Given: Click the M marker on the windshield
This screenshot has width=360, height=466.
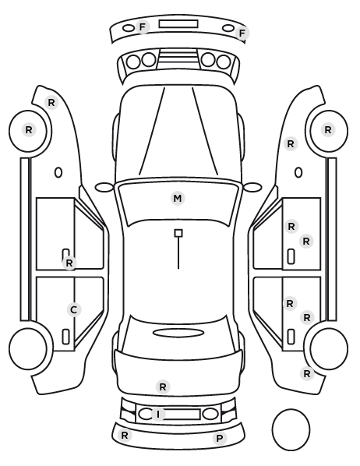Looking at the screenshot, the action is (178, 198).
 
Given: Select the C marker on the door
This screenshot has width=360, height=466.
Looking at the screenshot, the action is (74, 309).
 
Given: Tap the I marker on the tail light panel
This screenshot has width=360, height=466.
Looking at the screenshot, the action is (158, 414).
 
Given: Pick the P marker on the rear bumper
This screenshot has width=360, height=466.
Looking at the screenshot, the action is (220, 438).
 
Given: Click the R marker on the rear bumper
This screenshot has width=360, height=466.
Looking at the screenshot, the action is (125, 436).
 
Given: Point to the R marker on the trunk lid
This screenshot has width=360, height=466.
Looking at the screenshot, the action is (163, 387).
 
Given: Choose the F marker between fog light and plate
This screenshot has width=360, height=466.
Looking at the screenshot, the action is (143, 27).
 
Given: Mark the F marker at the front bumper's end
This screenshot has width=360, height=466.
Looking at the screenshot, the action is (242, 33).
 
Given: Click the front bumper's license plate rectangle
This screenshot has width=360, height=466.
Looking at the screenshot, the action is (178, 24).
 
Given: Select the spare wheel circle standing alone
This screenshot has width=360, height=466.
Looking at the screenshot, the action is (291, 429).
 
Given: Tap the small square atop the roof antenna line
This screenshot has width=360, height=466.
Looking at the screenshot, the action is (178, 233).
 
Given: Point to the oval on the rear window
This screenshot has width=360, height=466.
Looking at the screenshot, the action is (178, 333).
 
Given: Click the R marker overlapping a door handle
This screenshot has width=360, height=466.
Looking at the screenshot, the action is (69, 263).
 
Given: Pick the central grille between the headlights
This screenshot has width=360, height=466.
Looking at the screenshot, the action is (178, 59).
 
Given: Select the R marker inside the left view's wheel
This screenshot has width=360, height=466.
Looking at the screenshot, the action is (29, 130).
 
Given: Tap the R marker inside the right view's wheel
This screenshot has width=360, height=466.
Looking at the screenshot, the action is (328, 130).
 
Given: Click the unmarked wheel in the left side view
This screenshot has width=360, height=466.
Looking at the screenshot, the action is (28, 348).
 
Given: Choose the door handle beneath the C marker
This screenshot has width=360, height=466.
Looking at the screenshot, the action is (65, 337).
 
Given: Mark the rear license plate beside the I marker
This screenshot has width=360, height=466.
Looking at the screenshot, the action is (182, 414).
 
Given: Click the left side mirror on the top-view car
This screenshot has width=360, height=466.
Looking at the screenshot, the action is (104, 187).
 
